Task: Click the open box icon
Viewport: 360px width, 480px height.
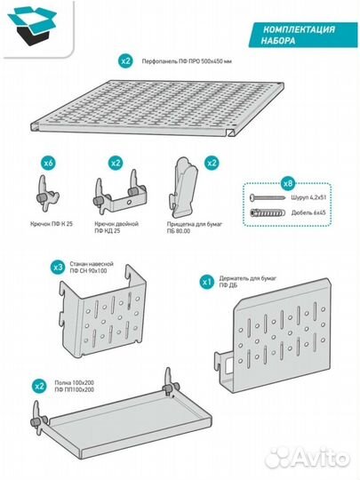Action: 32,26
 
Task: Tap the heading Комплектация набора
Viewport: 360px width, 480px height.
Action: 299,35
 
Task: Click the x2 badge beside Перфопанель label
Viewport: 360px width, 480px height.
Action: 125,61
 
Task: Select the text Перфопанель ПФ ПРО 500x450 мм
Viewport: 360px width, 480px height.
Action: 187,61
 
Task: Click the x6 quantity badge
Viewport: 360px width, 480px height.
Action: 49,163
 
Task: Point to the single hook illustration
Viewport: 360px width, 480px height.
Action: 48,195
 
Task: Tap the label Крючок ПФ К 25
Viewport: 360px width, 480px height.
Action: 52,224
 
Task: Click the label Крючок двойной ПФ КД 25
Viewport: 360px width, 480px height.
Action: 116,228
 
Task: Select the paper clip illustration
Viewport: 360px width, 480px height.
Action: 183,187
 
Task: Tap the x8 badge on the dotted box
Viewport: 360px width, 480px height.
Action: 288,183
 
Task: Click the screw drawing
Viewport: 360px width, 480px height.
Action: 268,197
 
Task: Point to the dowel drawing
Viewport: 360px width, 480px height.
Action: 268,212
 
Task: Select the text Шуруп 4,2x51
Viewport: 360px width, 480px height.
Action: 308,197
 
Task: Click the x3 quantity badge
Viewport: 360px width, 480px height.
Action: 58,268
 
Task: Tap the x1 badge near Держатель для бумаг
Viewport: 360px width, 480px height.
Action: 207,282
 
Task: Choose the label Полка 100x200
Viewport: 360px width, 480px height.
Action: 75,382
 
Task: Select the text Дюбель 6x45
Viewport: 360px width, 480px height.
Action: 308,212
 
